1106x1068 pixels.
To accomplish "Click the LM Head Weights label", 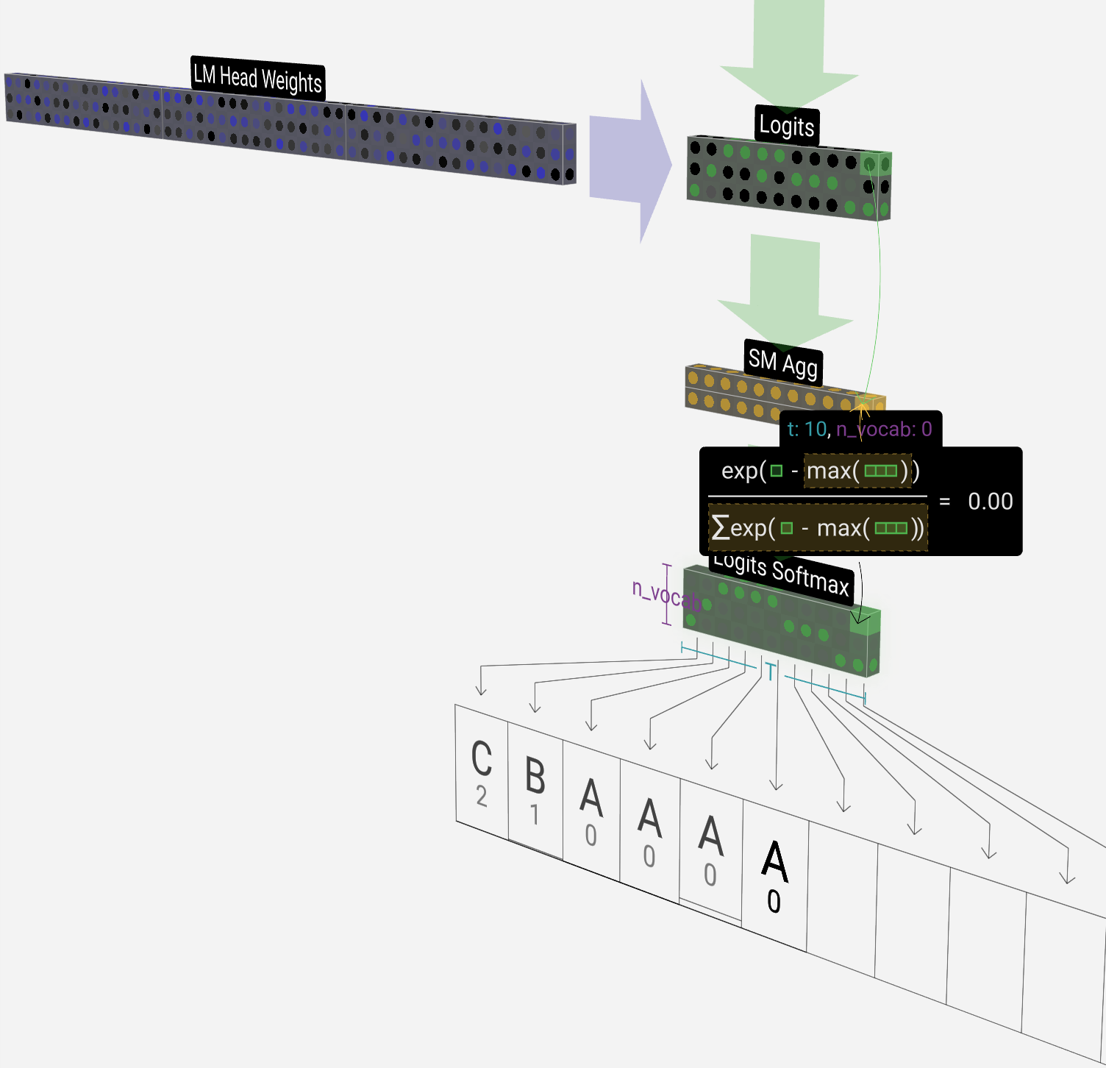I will (257, 78).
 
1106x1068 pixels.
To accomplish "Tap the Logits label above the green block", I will (786, 126).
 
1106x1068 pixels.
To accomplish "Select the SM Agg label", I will (782, 362).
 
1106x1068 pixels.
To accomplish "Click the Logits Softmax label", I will (782, 574).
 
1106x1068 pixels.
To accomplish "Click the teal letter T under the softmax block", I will (770, 672).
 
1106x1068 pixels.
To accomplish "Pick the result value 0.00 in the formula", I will (990, 502).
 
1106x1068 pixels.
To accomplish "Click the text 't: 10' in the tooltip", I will (806, 430).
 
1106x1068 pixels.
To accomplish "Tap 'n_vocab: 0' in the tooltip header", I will (884, 430).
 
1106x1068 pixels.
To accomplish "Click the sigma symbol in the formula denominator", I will (720, 527).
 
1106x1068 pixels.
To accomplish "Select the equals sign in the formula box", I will (945, 502).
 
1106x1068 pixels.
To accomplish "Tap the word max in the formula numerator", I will (829, 471).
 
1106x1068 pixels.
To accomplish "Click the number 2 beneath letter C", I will (482, 797).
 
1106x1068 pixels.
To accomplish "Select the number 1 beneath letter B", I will (535, 815).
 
